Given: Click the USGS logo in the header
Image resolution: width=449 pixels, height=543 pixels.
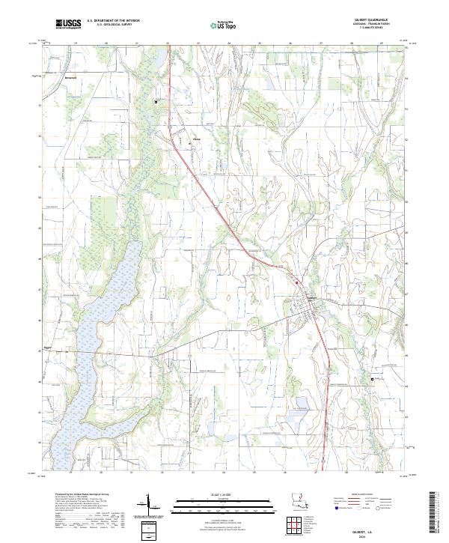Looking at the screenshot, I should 68,25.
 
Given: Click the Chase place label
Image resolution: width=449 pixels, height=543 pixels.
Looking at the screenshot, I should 198,138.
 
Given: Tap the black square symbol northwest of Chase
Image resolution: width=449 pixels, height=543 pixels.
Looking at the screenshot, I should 156,102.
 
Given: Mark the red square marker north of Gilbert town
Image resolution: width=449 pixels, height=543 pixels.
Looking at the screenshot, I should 296,282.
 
